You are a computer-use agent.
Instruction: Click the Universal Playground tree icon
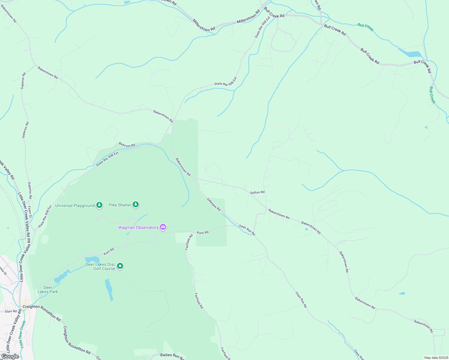click(99, 205)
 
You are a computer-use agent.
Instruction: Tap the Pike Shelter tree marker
click(136, 205)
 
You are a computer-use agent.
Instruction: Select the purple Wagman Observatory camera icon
click(163, 227)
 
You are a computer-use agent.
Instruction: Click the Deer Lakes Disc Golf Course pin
click(120, 266)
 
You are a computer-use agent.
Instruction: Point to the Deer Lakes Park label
click(48, 289)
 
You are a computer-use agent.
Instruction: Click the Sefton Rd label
click(257, 192)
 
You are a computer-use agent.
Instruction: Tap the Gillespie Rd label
click(214, 204)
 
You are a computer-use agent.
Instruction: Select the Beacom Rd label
click(127, 145)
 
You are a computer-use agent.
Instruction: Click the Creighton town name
click(31, 307)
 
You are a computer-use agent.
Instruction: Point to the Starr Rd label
click(11, 311)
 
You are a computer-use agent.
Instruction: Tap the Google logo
click(10, 356)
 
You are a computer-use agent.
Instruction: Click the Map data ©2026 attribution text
click(435, 358)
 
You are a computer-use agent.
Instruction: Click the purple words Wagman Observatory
click(138, 227)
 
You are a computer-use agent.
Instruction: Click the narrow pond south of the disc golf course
click(109, 289)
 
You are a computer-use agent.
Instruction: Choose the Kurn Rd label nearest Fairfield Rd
click(203, 232)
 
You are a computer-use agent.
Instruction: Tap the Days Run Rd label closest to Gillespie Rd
click(247, 230)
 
